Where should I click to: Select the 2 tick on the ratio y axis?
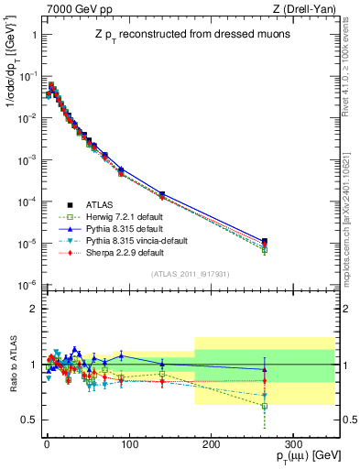tap(33, 309)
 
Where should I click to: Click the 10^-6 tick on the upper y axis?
tap(27, 285)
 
